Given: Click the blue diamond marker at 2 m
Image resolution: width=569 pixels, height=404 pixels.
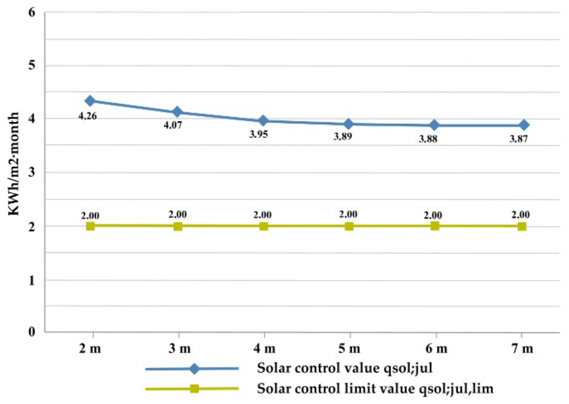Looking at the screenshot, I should point(90,101).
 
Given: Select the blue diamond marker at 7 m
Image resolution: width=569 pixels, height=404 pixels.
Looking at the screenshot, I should point(524,125).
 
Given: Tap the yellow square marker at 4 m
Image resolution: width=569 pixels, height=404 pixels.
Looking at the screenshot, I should point(264,226).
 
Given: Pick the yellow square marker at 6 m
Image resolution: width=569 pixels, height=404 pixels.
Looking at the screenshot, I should point(435,226).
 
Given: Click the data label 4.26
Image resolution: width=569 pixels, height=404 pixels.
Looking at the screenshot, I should point(88,116).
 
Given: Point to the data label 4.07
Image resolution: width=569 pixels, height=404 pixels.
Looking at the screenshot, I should point(173,125).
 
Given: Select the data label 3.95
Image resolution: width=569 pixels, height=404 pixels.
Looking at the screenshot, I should point(259,134).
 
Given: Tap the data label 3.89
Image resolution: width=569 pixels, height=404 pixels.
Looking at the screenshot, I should point(343,137).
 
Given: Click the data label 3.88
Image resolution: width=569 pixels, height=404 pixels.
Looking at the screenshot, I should point(428,139).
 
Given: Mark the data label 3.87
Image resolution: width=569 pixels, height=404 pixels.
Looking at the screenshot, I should point(519,139).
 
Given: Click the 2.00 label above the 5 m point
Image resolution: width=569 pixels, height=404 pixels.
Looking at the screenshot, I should point(348,214).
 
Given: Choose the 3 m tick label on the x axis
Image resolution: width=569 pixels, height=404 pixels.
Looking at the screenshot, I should point(180,348).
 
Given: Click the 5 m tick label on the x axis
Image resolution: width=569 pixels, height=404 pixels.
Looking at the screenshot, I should point(349,348).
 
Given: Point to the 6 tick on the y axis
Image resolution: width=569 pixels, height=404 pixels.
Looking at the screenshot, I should point(32,12).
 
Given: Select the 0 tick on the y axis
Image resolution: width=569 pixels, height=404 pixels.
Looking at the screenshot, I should point(32,332).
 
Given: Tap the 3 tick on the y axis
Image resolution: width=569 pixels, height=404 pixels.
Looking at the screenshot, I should point(32,172).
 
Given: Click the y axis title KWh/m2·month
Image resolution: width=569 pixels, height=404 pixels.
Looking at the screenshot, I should point(14,164).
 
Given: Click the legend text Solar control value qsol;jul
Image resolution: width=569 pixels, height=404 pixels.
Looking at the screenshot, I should point(345,368).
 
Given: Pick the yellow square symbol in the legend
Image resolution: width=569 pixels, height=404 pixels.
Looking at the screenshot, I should point(194,389).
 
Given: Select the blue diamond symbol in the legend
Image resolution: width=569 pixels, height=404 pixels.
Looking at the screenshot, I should point(194,369).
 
